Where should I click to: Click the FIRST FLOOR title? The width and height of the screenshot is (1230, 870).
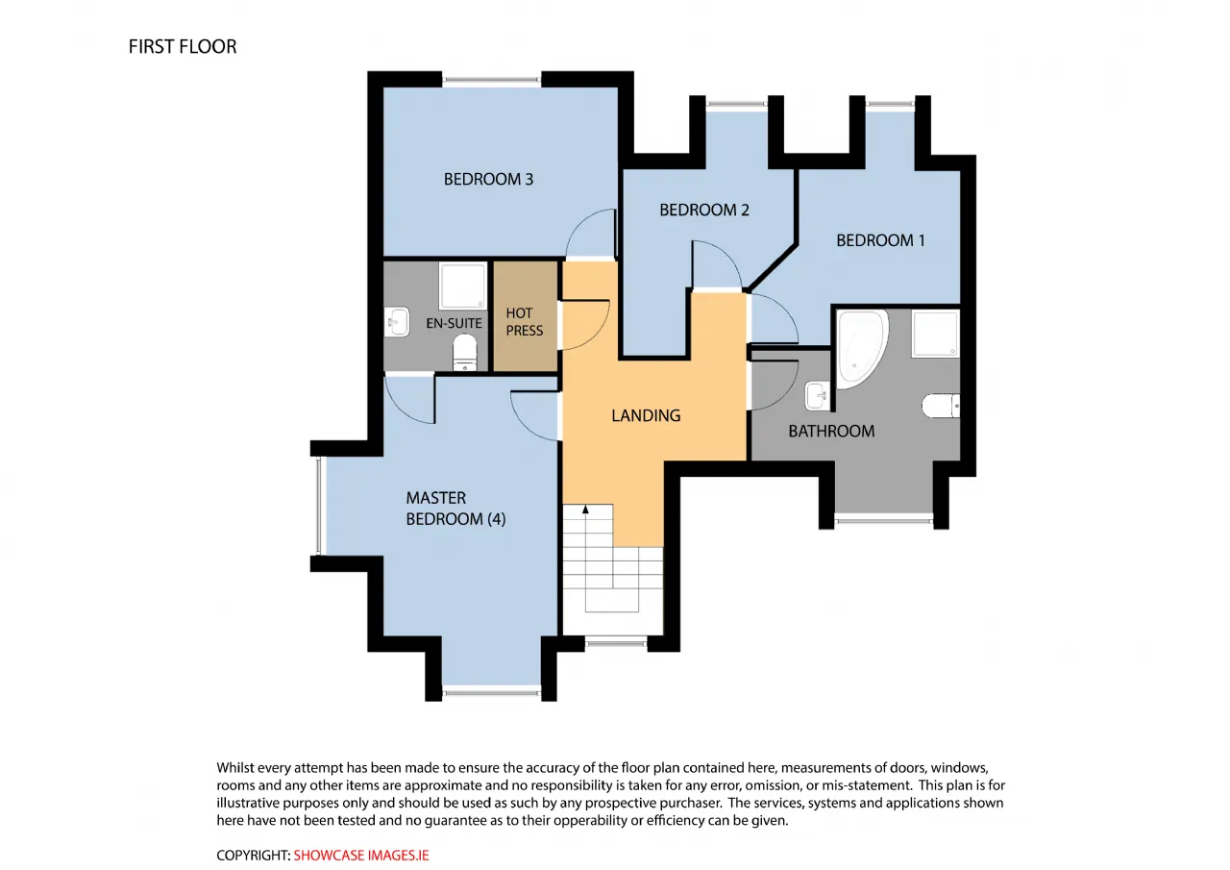coord(183,47)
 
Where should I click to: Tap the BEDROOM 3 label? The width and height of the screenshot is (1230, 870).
coord(488,179)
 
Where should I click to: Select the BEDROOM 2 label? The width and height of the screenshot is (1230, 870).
coord(704,210)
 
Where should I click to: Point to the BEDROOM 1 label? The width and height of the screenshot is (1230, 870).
coord(880,240)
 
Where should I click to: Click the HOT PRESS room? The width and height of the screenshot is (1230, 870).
coord(526,316)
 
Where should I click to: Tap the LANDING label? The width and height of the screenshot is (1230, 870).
coord(646,416)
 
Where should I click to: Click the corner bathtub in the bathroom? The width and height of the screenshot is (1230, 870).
coord(861,348)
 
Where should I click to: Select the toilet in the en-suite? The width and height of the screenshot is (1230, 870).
coord(464,353)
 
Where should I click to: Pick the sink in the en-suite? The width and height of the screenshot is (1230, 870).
coord(397,322)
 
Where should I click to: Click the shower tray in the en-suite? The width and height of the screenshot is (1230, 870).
coord(463,286)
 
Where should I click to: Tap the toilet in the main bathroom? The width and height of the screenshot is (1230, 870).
coord(941,406)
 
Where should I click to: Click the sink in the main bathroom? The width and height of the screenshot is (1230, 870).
coord(818,396)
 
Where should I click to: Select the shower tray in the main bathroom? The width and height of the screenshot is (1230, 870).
coord(936,334)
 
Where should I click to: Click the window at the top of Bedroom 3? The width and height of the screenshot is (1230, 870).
coord(491,80)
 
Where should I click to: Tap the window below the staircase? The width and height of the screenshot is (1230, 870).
coord(616,640)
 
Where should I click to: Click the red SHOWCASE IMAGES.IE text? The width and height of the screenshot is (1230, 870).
coord(360,856)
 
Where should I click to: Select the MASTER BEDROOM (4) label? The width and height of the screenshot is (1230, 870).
coord(455,509)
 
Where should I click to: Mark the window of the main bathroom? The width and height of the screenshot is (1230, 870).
coord(883,518)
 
